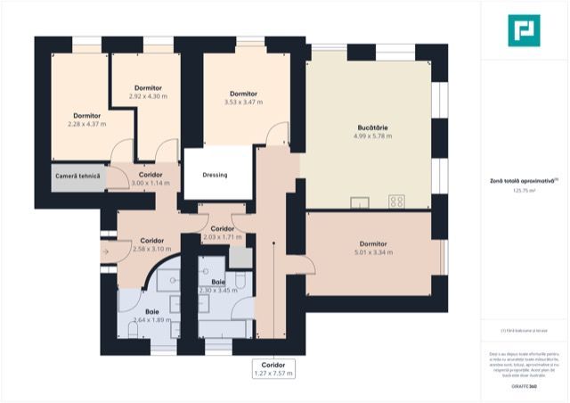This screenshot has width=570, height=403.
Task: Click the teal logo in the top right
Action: [524, 29]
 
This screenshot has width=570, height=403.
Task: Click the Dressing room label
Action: [215, 175]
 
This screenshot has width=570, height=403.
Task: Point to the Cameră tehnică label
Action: [77, 177]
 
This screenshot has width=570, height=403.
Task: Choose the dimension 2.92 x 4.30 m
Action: [148, 95]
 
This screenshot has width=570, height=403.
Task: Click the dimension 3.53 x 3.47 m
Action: [243, 103]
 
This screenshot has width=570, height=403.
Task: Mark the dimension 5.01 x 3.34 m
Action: [373, 252]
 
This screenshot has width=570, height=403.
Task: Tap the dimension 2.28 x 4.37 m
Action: [86, 124]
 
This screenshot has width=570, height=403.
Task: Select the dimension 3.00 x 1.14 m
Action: [150, 183]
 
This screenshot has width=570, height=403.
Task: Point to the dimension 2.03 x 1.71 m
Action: [223, 238]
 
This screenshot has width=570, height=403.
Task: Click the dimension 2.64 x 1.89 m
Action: [145, 319]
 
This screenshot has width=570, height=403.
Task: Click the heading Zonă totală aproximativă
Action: [524, 181]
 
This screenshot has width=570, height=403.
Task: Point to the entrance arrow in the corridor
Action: [106, 251]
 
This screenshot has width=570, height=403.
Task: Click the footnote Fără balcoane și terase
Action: [524, 331]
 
